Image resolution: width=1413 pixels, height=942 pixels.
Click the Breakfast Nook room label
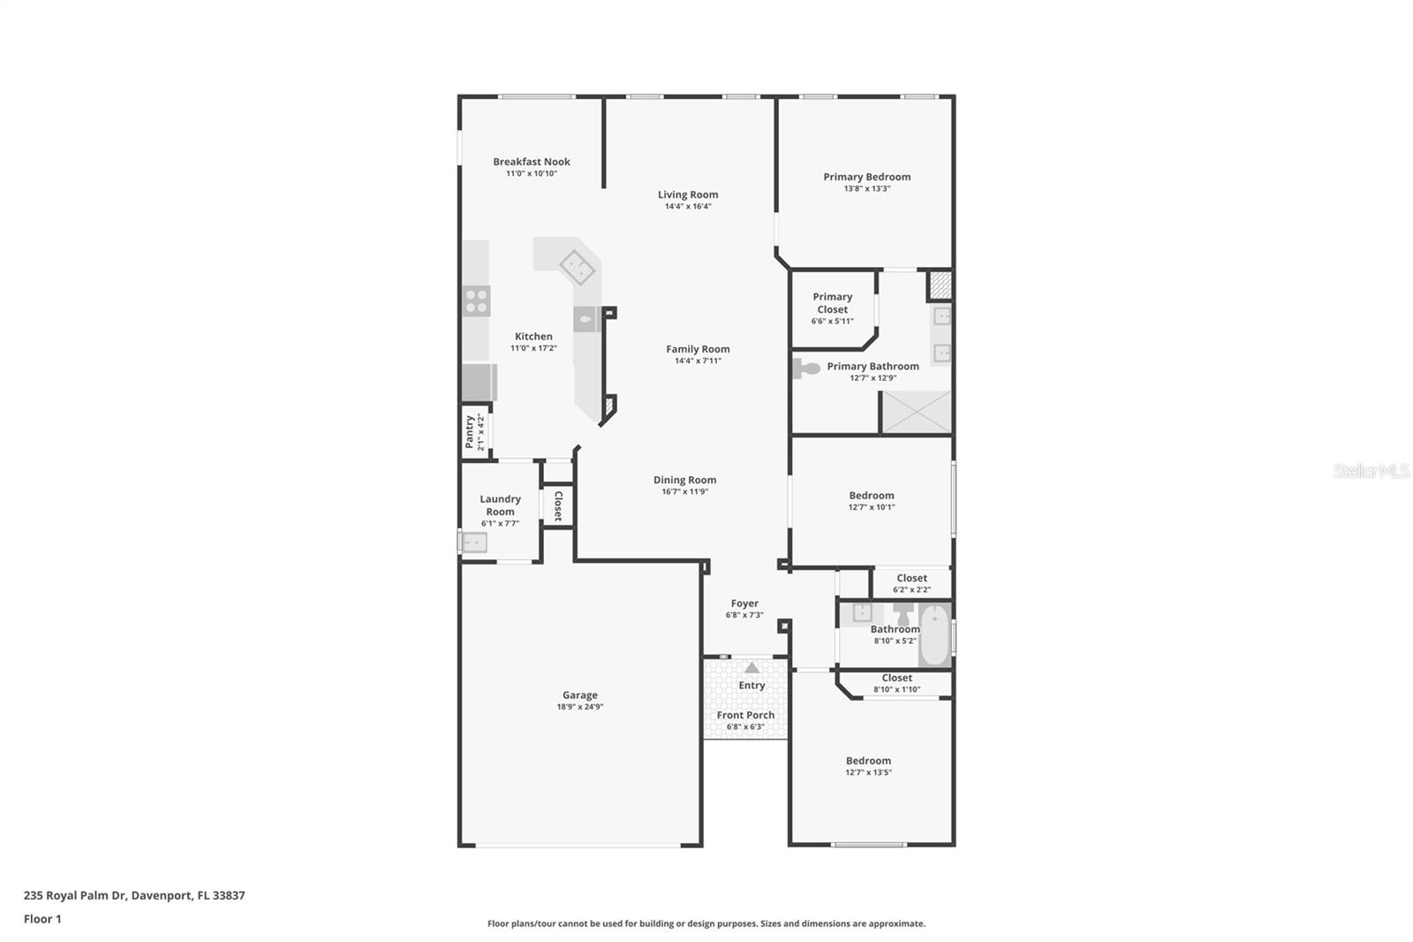coord(531,162)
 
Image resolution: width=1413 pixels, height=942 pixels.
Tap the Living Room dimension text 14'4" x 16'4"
coord(688,206)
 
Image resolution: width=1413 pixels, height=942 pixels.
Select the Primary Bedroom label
coord(866,177)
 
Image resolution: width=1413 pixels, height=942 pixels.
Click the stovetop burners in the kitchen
coord(476,301)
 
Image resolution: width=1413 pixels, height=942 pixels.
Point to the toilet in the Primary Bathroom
coord(805,368)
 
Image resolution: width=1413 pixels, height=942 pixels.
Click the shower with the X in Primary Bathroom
coord(916,413)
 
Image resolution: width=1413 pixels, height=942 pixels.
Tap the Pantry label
coord(469,432)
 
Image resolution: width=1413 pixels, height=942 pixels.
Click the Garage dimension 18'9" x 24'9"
coord(579,707)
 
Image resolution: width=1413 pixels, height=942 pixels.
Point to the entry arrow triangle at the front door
coord(752,667)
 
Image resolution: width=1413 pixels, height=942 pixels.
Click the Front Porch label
coord(745,715)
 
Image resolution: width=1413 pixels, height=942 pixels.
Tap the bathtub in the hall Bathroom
coord(935,634)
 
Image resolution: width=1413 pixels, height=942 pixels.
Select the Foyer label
coord(744,604)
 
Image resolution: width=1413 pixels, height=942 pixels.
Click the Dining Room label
coord(684,480)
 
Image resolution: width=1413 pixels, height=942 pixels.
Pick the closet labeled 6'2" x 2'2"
coord(911,583)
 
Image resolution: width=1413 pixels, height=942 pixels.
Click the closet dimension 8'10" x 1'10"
coord(896,689)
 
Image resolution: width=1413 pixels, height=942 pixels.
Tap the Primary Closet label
coord(832,303)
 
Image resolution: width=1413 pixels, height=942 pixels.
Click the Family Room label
coord(698,349)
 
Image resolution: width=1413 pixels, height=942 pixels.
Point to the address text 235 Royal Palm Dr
coord(76,895)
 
